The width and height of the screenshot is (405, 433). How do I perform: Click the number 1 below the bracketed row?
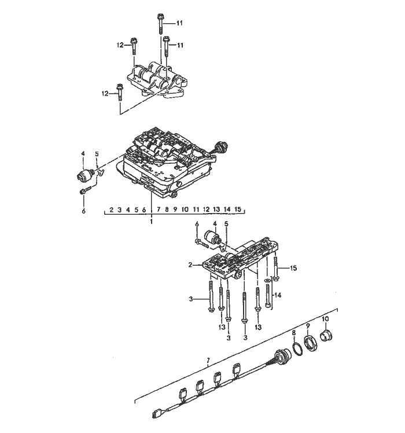[x=152, y=221]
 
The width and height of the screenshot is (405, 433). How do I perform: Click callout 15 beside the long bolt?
[x=293, y=268]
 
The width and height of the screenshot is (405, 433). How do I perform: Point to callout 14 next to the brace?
[x=278, y=295]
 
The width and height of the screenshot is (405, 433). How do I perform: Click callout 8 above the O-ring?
[x=293, y=333]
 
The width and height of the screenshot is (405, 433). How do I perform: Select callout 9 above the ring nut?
[x=308, y=326]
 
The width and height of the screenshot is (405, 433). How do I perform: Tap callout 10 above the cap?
[x=325, y=319]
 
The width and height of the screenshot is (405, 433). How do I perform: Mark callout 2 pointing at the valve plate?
[x=191, y=265]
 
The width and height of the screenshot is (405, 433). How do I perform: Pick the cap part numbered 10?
[x=328, y=335]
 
